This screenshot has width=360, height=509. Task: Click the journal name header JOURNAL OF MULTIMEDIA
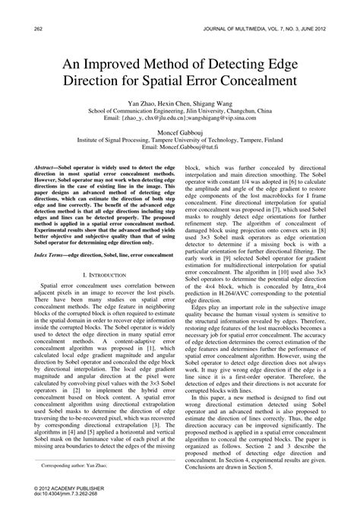(x=251, y=8)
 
